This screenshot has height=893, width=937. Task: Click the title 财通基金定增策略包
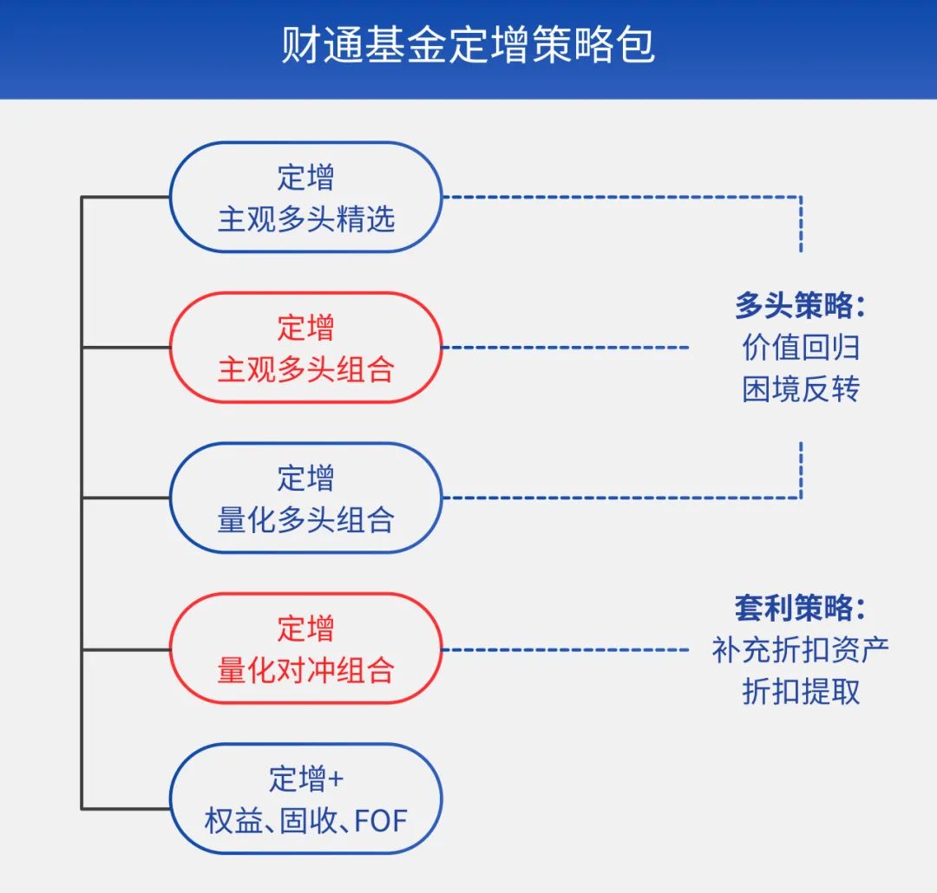(x=468, y=45)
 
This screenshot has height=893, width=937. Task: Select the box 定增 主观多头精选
(x=306, y=197)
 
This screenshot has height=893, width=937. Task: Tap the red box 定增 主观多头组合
(x=306, y=347)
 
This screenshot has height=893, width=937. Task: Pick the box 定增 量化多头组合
(x=306, y=498)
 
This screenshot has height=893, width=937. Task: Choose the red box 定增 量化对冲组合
(x=306, y=649)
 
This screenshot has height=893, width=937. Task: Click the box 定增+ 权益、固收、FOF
(x=306, y=798)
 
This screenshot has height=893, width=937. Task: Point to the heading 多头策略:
(x=800, y=305)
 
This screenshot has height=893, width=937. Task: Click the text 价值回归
(x=801, y=347)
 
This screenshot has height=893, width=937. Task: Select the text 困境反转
(x=801, y=389)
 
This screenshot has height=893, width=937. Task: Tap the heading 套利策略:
(x=800, y=608)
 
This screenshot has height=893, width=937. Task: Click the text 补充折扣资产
(x=800, y=650)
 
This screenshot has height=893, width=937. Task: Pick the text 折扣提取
(x=801, y=692)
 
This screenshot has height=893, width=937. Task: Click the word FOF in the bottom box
(x=381, y=821)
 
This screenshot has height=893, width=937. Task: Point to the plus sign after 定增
(x=336, y=779)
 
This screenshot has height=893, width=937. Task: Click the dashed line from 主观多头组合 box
(x=566, y=347)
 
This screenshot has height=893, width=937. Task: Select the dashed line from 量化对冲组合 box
(x=566, y=649)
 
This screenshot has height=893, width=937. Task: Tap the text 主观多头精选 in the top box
(x=306, y=218)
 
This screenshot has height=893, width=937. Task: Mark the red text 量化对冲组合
(x=306, y=669)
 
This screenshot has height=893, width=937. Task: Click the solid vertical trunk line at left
(x=82, y=503)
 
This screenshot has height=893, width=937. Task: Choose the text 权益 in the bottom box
(x=233, y=821)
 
